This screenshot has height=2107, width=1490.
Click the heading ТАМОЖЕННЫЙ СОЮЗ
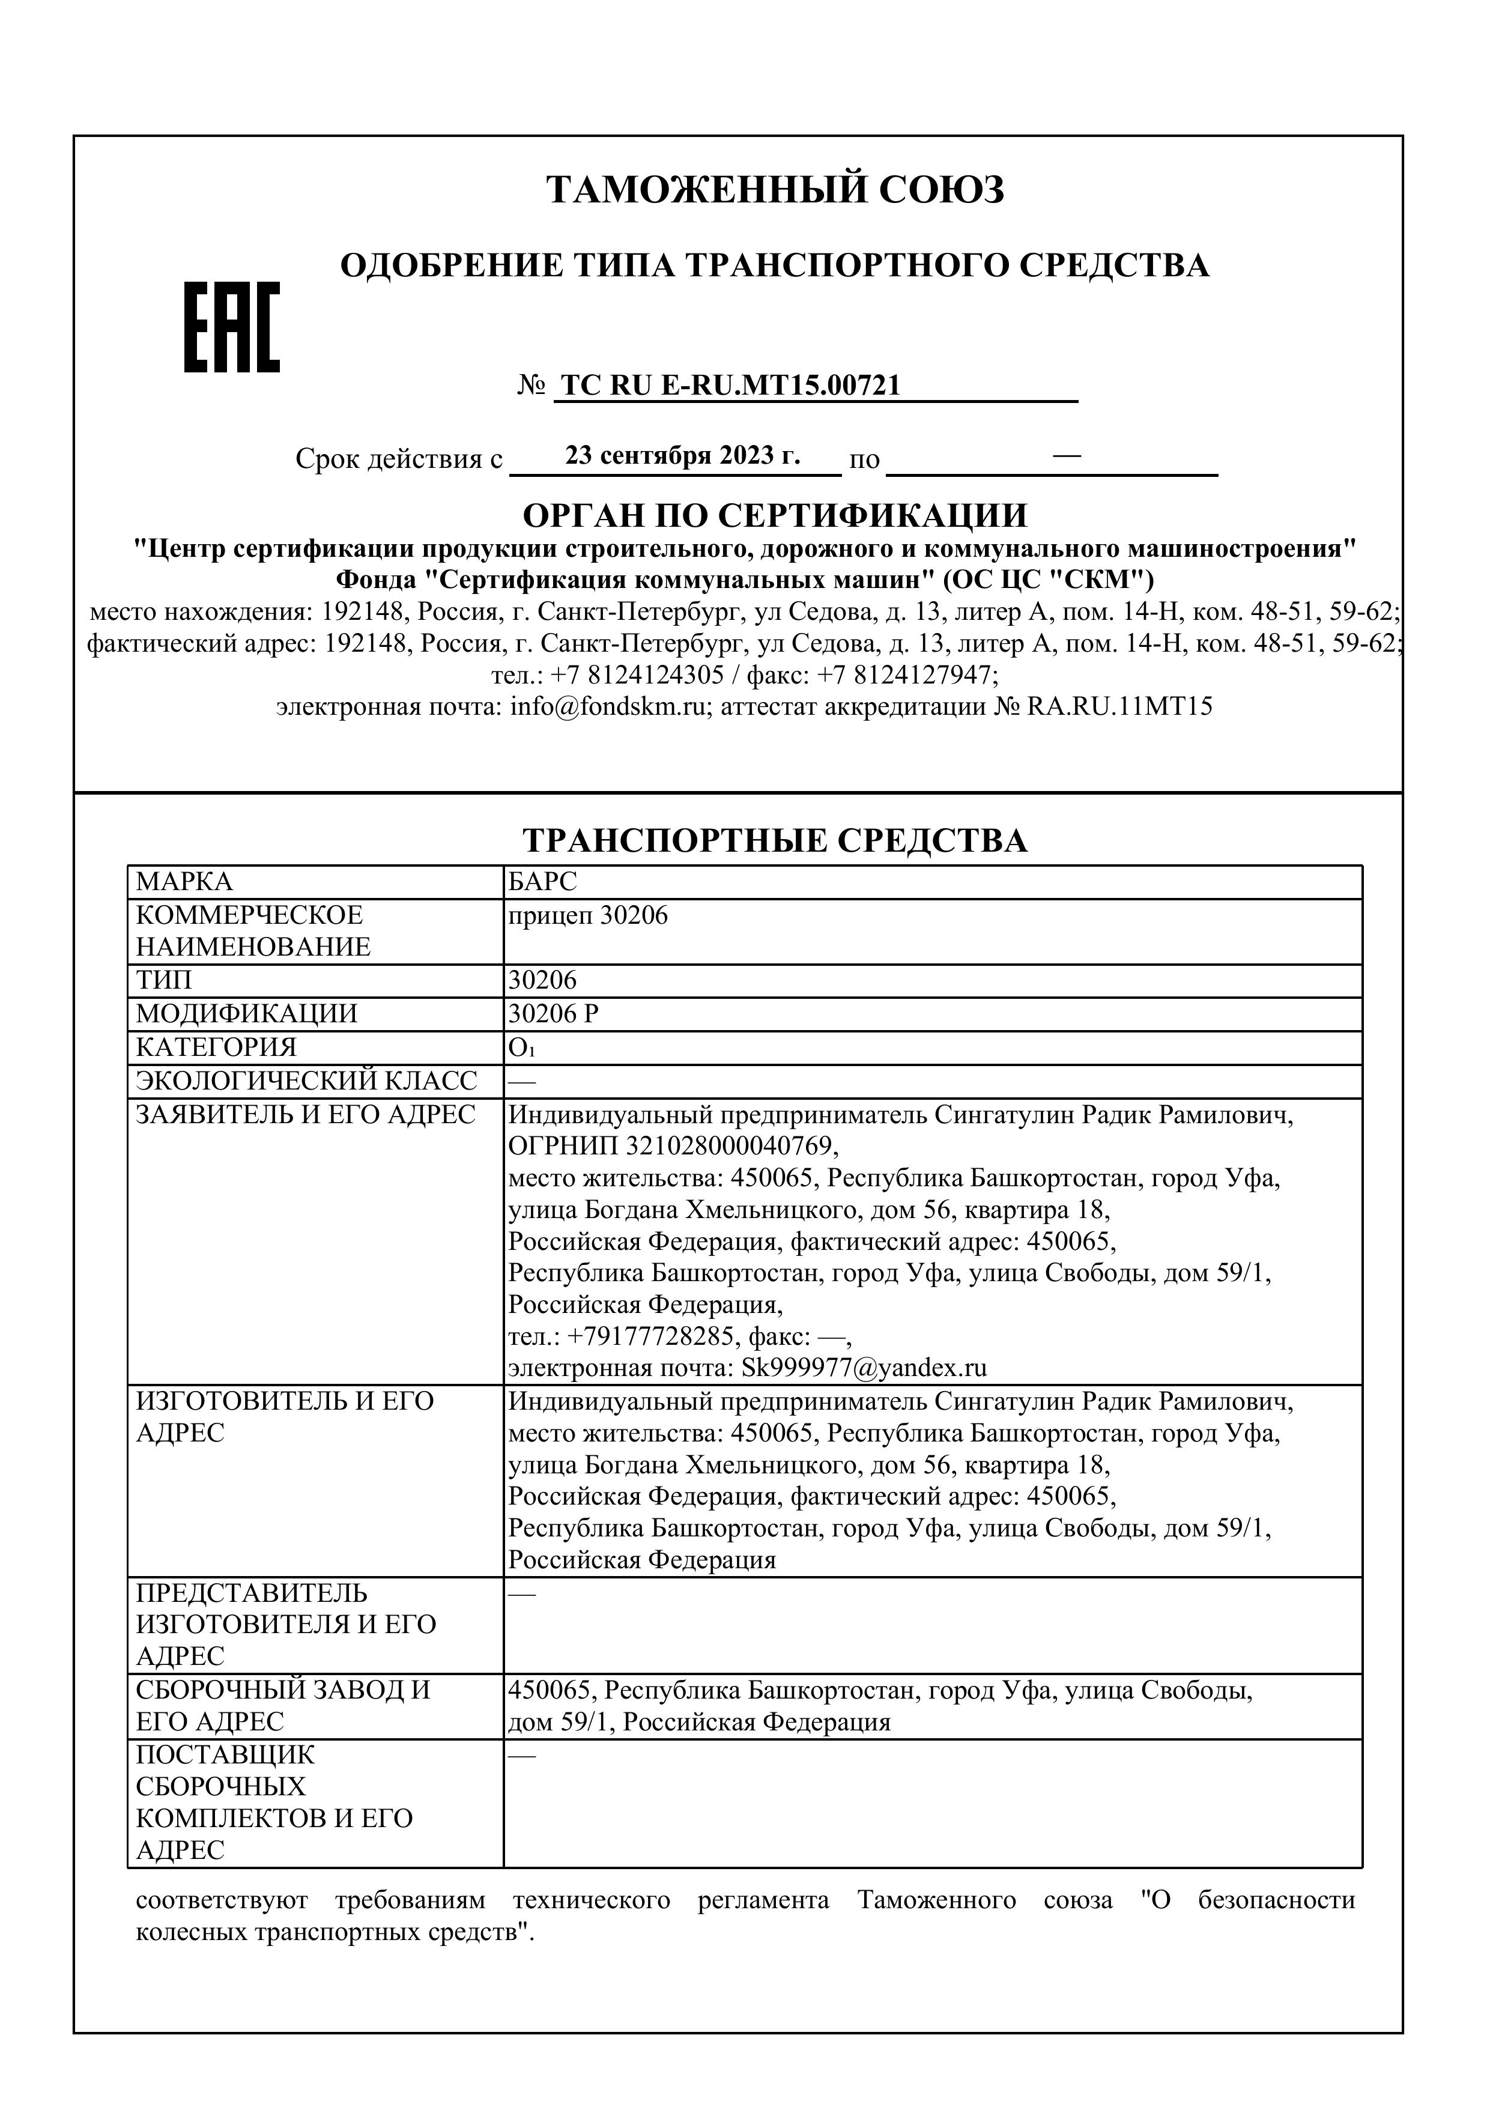click(775, 190)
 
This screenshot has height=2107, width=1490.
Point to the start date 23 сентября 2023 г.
click(683, 456)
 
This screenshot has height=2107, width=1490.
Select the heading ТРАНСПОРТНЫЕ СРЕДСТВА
click(775, 841)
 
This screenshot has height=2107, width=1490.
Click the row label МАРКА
click(184, 882)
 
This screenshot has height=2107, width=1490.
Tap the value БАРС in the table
click(543, 882)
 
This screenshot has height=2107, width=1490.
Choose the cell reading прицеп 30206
click(588, 915)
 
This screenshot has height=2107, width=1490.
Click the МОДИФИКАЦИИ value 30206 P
click(553, 1014)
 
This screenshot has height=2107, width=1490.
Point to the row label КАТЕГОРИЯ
click(217, 1047)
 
